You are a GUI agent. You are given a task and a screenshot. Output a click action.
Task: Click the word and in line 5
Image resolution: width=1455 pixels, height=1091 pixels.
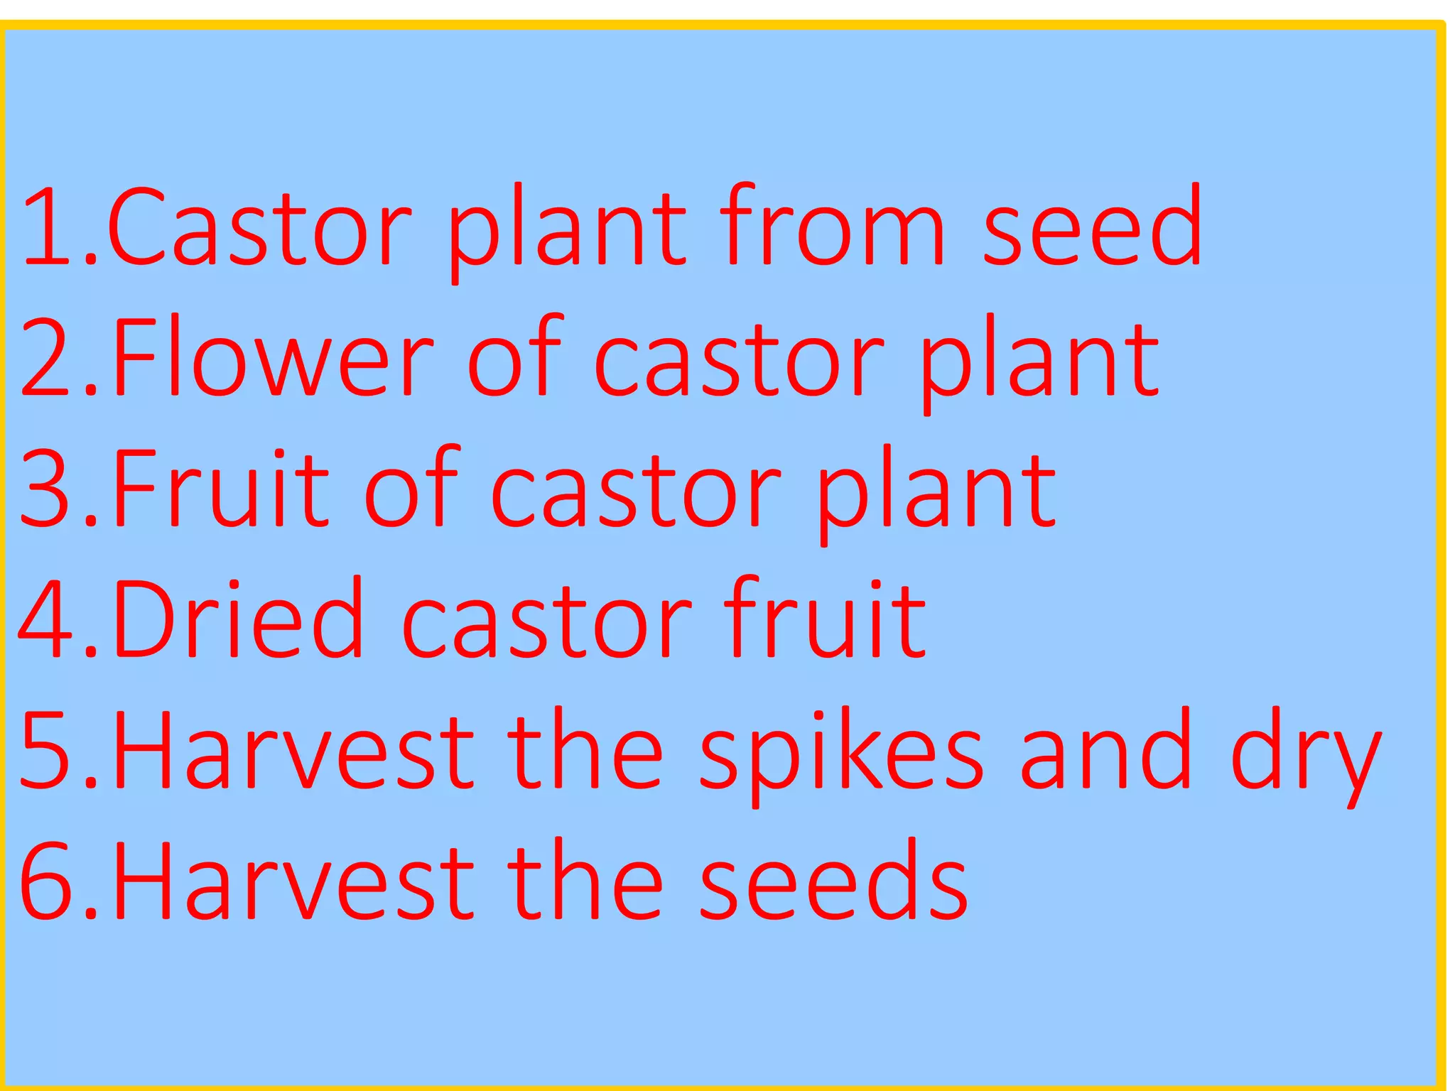coord(1105,751)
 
